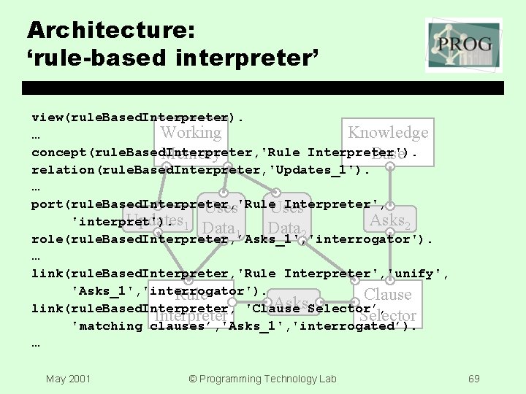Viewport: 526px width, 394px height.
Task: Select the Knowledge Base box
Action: (x=387, y=142)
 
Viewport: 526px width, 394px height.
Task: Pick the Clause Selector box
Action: (x=387, y=305)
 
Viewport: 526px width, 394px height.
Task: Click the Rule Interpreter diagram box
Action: (x=191, y=305)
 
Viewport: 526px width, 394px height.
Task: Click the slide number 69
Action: (x=473, y=379)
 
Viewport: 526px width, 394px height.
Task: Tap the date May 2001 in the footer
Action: (x=67, y=379)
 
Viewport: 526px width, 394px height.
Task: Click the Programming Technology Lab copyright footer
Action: (x=262, y=379)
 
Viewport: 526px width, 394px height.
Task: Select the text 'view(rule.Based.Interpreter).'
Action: (x=137, y=117)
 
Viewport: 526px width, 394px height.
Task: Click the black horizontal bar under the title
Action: (x=262, y=88)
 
